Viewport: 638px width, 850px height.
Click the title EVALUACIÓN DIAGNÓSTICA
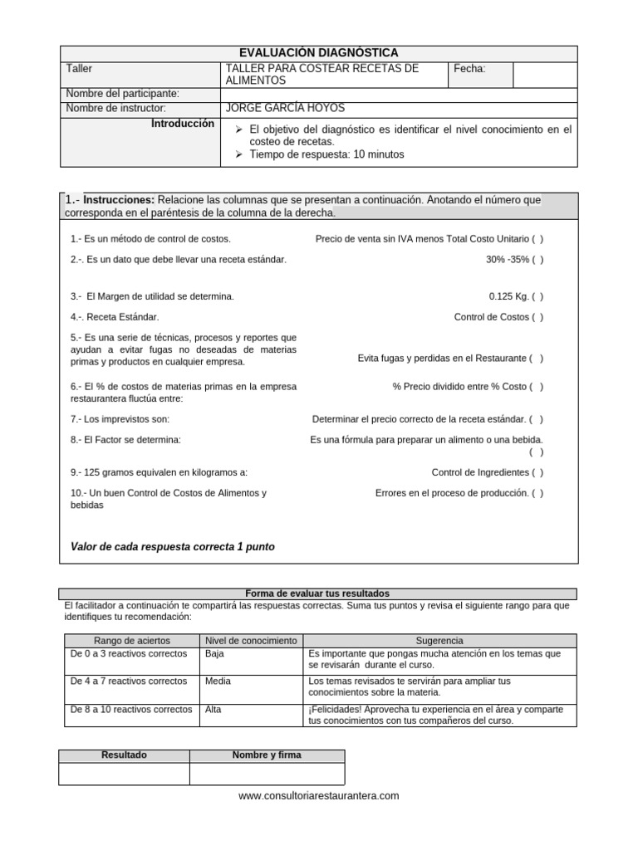318,53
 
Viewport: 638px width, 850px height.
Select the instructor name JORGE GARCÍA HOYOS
285,108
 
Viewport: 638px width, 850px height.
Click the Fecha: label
469,69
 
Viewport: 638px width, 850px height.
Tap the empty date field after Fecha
544,74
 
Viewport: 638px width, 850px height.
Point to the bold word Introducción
183,123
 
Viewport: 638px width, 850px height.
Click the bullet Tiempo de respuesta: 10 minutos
325,154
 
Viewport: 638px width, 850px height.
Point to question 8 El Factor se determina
125,439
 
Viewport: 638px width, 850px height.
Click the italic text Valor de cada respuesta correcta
173,547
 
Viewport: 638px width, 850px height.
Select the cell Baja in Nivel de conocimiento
214,653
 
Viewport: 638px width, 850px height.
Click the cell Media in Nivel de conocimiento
218,681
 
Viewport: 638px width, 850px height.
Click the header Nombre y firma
267,755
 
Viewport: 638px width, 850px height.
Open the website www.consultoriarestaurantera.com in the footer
318,795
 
